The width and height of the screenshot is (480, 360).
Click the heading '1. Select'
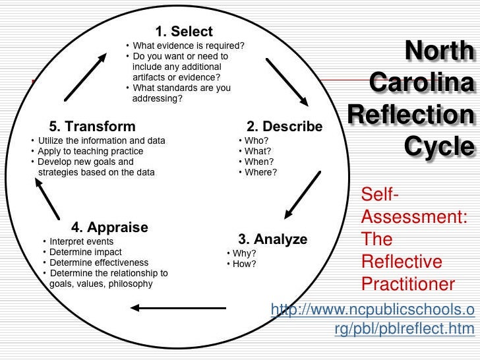click(184, 31)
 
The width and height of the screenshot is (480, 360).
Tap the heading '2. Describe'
click(284, 126)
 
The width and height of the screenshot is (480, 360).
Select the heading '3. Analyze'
click(272, 239)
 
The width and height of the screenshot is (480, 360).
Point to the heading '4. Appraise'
click(109, 227)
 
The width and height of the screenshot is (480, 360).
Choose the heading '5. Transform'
click(92, 126)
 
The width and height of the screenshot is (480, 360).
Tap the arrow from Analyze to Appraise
click(179, 307)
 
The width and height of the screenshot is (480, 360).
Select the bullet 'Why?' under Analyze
click(245, 253)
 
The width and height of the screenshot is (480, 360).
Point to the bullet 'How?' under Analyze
click(245, 264)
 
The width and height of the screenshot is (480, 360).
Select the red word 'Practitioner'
click(408, 284)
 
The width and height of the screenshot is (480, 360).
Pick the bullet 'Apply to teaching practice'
click(90, 151)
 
